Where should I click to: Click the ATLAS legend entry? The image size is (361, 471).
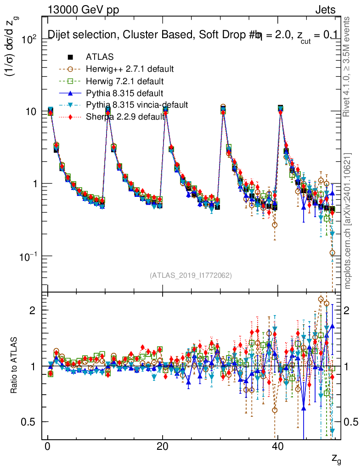[x=99, y=57]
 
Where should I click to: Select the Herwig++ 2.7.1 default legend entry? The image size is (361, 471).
[x=130, y=69]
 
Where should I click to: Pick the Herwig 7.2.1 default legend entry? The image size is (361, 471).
[x=125, y=81]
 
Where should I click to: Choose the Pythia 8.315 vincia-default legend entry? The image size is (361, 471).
[x=136, y=105]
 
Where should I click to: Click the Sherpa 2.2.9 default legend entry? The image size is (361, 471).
[x=125, y=117]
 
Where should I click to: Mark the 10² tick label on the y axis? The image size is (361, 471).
[x=30, y=40]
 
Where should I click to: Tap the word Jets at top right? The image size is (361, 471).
[x=325, y=10]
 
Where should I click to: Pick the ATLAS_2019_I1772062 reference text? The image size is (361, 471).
[x=191, y=276]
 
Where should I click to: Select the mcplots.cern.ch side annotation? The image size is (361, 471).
[x=348, y=221]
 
